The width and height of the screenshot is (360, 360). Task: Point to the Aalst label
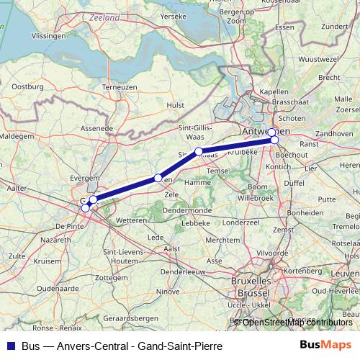coord(172,248)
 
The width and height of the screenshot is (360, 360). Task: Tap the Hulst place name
coord(176,104)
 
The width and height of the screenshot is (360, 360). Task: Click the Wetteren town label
coord(131,220)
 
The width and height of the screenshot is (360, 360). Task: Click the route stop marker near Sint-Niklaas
coord(199,151)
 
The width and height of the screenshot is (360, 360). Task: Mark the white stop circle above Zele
coord(158,178)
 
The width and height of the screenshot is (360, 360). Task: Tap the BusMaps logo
coord(322,344)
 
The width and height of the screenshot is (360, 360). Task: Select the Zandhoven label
coord(334,134)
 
